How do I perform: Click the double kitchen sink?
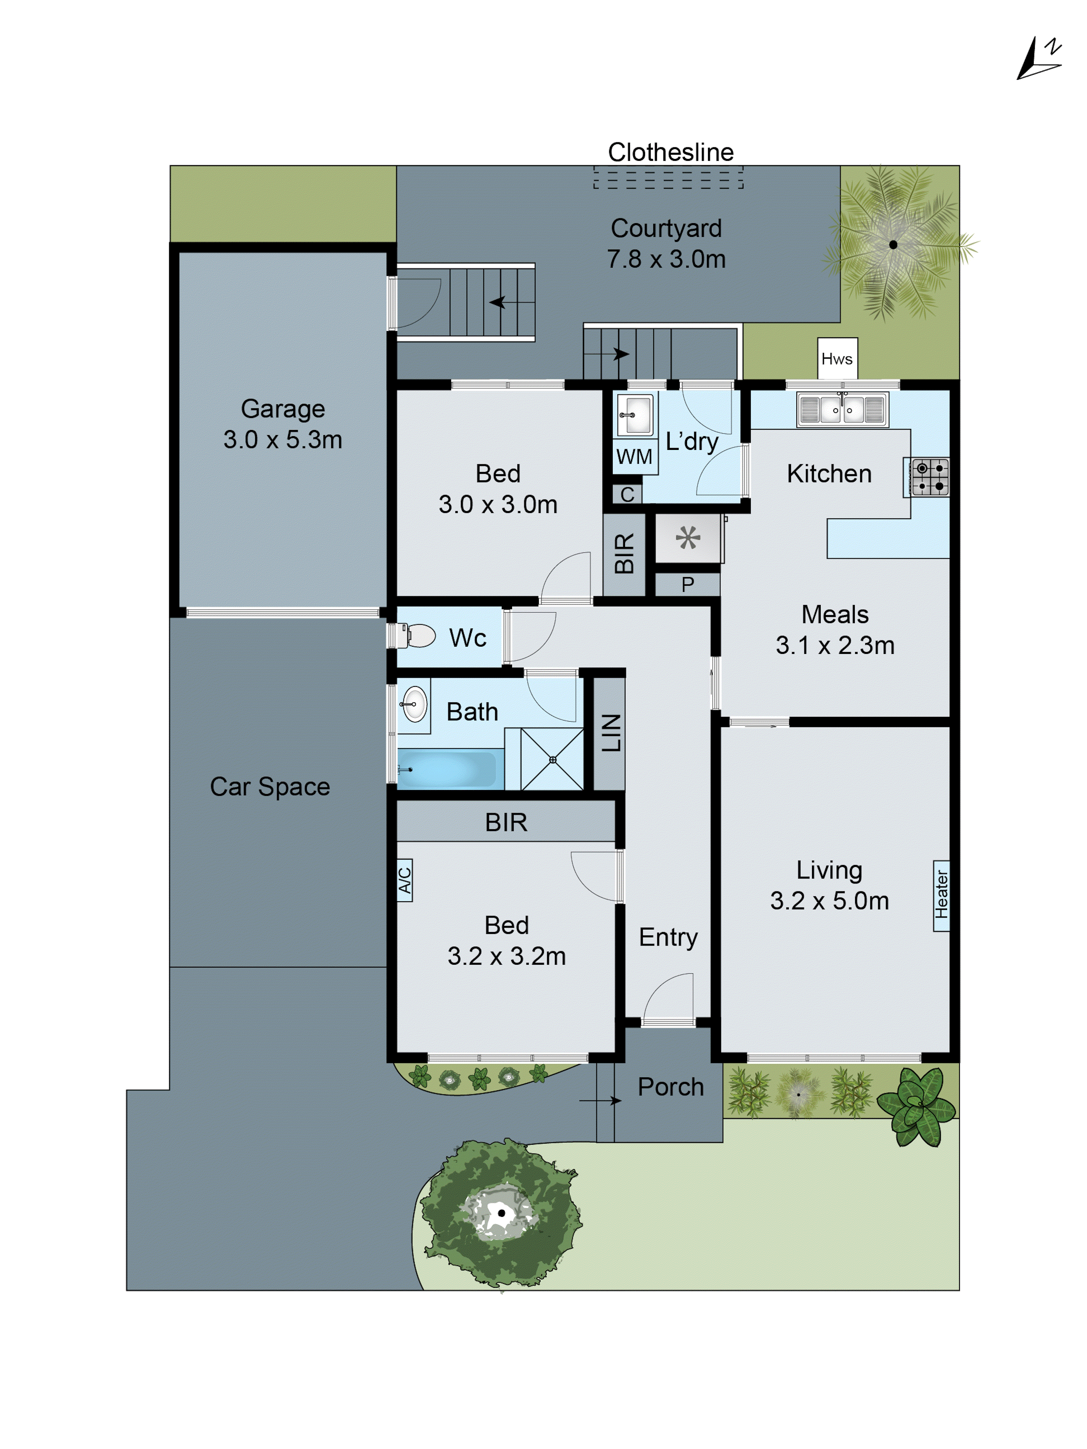point(842,409)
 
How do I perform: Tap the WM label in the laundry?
point(634,456)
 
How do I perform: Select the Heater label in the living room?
point(941,895)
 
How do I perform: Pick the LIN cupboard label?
point(611,732)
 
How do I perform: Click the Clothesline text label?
point(670,152)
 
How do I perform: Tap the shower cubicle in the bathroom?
point(552,759)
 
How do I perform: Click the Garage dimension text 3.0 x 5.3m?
point(282,439)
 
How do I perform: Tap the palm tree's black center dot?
point(892,245)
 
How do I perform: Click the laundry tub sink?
point(634,415)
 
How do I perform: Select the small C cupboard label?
point(627,494)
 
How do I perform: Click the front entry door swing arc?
point(668,996)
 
